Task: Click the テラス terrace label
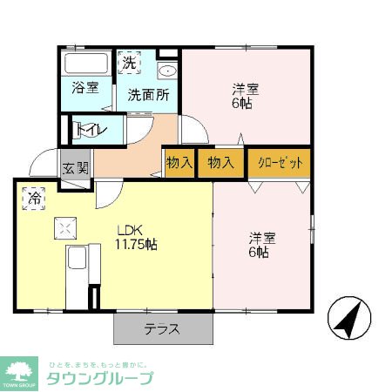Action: (162, 329)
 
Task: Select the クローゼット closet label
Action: (279, 162)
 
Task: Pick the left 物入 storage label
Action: (179, 162)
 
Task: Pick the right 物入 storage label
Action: (220, 162)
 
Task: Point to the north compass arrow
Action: (348, 320)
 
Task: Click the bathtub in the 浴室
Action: (85, 64)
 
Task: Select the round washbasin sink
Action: (167, 71)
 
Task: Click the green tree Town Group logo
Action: (21, 370)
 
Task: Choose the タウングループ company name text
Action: (99, 378)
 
